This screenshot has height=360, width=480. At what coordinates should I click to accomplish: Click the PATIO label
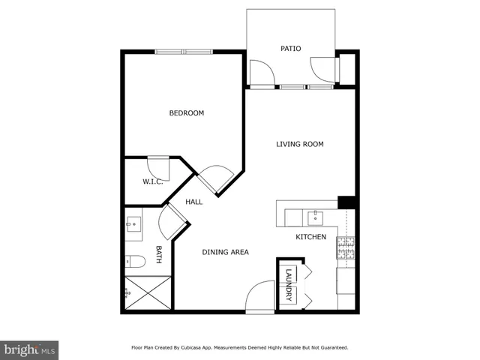[x=291, y=49]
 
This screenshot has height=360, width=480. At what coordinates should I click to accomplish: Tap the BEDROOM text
[x=186, y=113]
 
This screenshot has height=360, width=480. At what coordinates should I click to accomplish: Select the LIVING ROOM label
[x=299, y=144]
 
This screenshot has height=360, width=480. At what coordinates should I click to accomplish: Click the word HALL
[x=194, y=202]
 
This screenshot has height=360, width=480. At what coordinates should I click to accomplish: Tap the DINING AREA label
[x=225, y=252]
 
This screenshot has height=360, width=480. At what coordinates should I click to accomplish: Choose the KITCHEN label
[x=310, y=237]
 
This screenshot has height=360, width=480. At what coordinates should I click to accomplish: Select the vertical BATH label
[x=158, y=254]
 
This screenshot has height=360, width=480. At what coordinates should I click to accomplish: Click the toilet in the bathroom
[x=136, y=262]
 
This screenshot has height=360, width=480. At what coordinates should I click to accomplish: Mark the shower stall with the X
[x=147, y=293]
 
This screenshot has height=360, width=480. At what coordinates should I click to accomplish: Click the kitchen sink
[x=316, y=218]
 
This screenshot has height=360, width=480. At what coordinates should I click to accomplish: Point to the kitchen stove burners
[x=346, y=248]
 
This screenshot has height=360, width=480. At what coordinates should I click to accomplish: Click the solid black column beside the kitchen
[x=346, y=202]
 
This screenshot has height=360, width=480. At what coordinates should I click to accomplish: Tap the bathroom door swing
[x=172, y=220]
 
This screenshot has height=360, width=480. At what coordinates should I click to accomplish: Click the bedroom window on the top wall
[x=184, y=52]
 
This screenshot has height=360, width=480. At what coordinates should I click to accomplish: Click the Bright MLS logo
[x=28, y=349]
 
